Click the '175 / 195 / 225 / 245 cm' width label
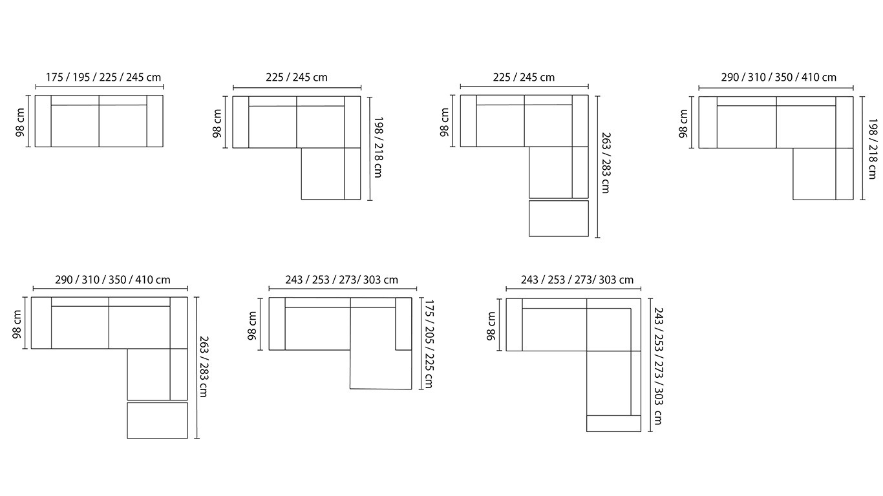click(x=103, y=77)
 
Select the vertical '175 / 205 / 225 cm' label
click(x=429, y=344)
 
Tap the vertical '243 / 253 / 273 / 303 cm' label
click(x=658, y=366)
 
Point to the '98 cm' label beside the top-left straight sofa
click(x=20, y=123)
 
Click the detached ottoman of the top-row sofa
click(x=559, y=219)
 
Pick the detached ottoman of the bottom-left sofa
click(x=157, y=420)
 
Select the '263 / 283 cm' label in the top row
click(x=606, y=163)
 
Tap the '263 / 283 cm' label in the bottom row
click(x=204, y=366)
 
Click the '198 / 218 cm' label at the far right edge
click(x=873, y=149)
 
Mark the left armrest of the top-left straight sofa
click(x=43, y=121)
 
